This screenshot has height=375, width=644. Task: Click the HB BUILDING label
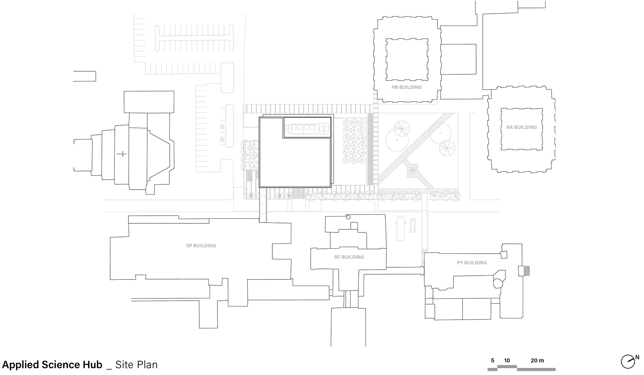click(406, 87)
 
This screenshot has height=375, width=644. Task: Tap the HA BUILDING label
click(521, 127)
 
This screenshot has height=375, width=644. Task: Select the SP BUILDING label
click(201, 246)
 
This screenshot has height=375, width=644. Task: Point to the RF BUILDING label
click(349, 257)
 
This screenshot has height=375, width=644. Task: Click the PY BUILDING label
click(472, 263)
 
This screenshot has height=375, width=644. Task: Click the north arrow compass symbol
click(627, 361)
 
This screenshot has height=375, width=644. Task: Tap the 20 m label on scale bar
click(537, 361)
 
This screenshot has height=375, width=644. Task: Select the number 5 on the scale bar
click(492, 361)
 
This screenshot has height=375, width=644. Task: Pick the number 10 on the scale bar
click(507, 361)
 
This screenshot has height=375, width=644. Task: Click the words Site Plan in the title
click(136, 365)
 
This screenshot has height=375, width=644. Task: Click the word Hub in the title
click(93, 365)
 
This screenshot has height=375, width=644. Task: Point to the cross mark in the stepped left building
click(122, 154)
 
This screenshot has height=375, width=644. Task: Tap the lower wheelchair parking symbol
click(222, 140)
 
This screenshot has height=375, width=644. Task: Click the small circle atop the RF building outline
click(348, 217)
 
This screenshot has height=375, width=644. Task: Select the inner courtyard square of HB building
click(407, 60)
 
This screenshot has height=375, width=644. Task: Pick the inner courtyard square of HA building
click(521, 129)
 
